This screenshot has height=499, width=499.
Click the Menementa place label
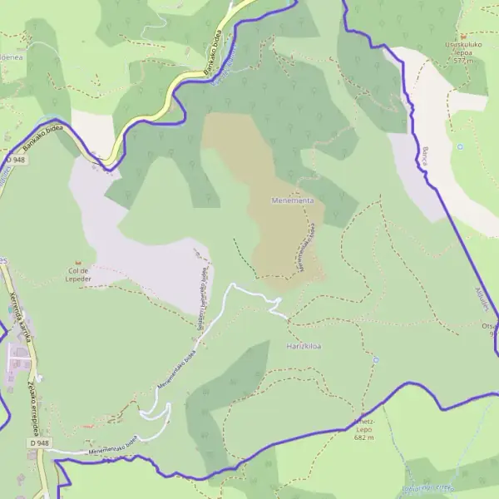pos(293,200)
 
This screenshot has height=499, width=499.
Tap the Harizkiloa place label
pos(304,345)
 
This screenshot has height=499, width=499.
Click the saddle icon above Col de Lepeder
pos(82,260)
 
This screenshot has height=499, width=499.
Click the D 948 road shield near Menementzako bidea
pos(40,444)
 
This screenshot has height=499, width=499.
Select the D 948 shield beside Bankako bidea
pos(13,159)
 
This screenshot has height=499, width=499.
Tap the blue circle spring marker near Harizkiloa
pos(376,360)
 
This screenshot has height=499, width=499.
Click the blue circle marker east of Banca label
pos(460,147)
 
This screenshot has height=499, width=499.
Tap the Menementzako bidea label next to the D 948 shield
pos(105,447)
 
